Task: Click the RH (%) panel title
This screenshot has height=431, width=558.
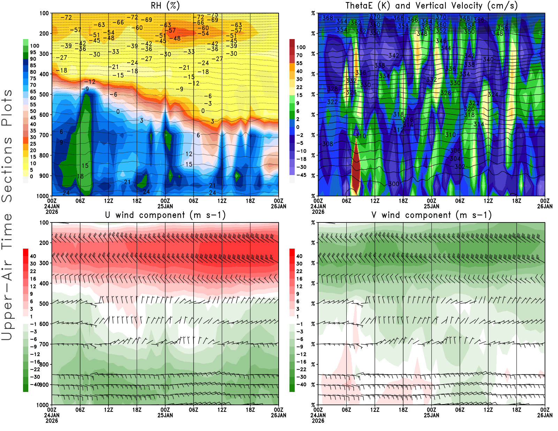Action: [165, 6]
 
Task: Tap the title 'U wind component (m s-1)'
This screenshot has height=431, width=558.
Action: [165, 215]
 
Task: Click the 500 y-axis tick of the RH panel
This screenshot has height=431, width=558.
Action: [44, 94]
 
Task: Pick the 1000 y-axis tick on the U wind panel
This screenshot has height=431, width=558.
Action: [43, 405]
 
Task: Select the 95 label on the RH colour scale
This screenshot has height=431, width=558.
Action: [33, 52]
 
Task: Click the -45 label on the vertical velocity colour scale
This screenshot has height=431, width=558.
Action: [301, 175]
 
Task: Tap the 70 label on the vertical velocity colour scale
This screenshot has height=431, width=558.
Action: [299, 55]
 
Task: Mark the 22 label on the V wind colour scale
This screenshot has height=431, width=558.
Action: [299, 271]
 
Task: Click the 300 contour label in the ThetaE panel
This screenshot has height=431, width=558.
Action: [393, 184]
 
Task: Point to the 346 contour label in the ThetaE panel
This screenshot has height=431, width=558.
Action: [441, 41]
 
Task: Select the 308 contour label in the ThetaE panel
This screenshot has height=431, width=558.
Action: [327, 144]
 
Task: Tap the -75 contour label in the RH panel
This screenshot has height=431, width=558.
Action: [212, 15]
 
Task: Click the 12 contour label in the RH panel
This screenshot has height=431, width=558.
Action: [189, 154]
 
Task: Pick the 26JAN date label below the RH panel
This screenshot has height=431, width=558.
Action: [278, 206]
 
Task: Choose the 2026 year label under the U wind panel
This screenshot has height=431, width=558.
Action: [52, 421]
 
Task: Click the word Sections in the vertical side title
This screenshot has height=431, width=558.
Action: [7, 169]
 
